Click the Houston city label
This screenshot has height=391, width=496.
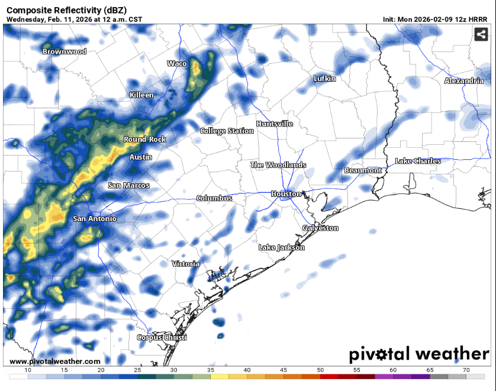click(286, 194)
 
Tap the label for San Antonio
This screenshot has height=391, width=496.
click(94, 219)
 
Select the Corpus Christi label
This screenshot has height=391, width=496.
click(162, 337)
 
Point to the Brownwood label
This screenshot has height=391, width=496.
click(64, 51)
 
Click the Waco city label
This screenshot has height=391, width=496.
click(176, 63)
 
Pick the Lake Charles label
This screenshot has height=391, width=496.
click(418, 161)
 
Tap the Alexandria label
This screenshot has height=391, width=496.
click(463, 80)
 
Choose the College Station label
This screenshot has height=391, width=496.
click(227, 131)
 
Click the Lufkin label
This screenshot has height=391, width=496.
click(324, 79)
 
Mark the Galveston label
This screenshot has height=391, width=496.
click(320, 228)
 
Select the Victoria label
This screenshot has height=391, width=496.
click(185, 263)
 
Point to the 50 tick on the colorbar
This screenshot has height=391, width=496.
click(320, 370)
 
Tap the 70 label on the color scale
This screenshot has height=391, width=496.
click(466, 370)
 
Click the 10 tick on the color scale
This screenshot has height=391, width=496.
click(28, 370)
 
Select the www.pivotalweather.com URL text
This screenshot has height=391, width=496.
click(55, 361)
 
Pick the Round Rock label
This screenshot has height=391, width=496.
click(144, 140)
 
